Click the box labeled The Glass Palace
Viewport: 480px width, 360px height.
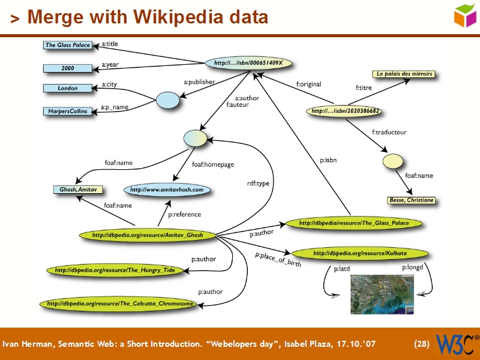tap(68, 45)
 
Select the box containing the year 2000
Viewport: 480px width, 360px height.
tap(68, 68)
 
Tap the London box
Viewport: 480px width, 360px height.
tap(68, 88)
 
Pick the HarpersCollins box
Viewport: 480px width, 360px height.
tap(68, 111)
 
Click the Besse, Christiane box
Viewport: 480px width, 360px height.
tap(411, 200)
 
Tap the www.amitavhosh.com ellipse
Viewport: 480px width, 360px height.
tap(167, 190)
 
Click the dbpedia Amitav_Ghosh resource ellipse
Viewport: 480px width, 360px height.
tap(148, 236)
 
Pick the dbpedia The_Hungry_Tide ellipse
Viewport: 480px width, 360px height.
tap(115, 271)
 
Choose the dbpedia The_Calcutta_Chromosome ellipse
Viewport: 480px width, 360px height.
tap(120, 304)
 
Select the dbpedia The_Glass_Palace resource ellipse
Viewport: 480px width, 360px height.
tap(355, 223)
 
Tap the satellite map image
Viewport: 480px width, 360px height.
tap(382, 295)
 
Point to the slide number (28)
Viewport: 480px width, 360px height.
tap(422, 344)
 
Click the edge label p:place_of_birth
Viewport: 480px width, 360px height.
tap(278, 259)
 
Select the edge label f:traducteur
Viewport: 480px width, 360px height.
tap(389, 132)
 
